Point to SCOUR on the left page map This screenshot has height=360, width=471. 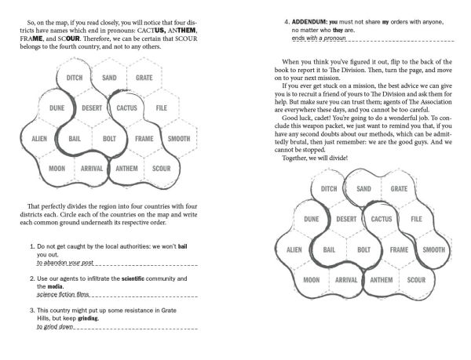click(x=161, y=168)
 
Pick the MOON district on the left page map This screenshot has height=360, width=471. click(x=57, y=168)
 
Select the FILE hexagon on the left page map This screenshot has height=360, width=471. click(x=162, y=107)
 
